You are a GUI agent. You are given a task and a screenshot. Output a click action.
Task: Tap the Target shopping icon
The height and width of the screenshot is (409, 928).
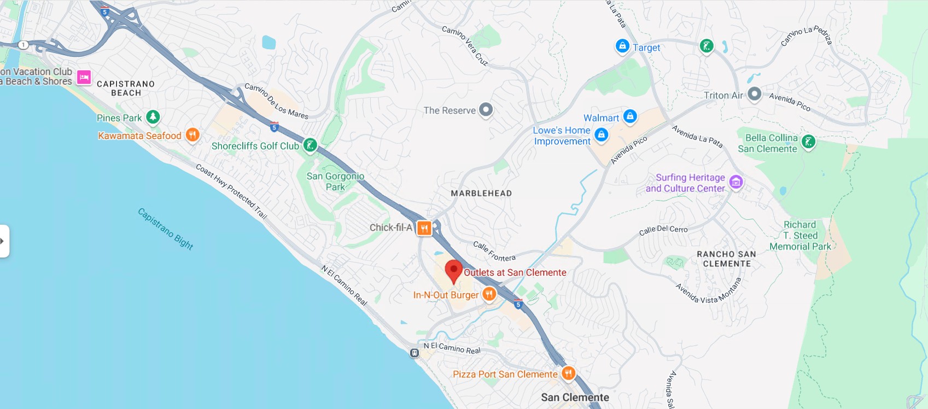click(x=622, y=46)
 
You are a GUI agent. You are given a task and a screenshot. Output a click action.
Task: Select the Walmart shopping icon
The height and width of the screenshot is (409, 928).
click(x=630, y=116)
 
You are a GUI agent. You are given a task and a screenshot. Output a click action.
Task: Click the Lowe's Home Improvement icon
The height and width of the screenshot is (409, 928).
click(x=601, y=135)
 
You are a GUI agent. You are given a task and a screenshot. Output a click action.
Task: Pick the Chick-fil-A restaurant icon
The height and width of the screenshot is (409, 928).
click(x=424, y=228)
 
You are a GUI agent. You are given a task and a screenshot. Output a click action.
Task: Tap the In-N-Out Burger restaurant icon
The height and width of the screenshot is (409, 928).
click(x=489, y=294)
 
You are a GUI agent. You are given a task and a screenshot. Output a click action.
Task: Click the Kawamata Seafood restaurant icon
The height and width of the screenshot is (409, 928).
click(x=192, y=135)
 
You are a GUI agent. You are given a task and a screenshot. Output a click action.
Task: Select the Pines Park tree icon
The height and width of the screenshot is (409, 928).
click(x=153, y=116)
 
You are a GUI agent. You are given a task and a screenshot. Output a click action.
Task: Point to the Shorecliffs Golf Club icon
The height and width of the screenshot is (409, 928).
click(x=310, y=145)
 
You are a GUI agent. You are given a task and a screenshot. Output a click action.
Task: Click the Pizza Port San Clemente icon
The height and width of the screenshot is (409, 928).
click(x=568, y=373)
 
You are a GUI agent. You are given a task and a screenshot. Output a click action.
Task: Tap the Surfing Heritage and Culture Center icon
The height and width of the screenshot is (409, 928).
click(x=736, y=182)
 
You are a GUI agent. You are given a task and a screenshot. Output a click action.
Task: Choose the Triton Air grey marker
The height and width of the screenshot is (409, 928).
click(x=754, y=94)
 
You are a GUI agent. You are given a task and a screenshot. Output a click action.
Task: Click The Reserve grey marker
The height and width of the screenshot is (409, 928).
click(x=486, y=109)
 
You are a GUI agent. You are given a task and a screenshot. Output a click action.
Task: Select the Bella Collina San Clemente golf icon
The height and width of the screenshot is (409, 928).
click(x=808, y=142)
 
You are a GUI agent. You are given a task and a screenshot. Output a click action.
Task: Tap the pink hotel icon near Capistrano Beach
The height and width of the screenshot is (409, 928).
click(x=84, y=78)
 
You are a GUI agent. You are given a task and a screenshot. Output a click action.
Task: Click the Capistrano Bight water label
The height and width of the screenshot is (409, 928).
click(x=165, y=229)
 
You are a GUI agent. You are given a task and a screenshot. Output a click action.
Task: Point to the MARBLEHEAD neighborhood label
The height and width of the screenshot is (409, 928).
click(x=481, y=193)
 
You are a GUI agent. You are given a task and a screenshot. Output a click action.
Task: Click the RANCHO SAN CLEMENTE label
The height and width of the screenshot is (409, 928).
click(x=726, y=259)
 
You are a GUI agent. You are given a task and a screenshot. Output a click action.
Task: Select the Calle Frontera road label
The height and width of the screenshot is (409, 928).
click(x=494, y=251)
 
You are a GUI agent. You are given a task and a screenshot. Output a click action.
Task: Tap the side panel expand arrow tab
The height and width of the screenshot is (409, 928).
click(x=4, y=241)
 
